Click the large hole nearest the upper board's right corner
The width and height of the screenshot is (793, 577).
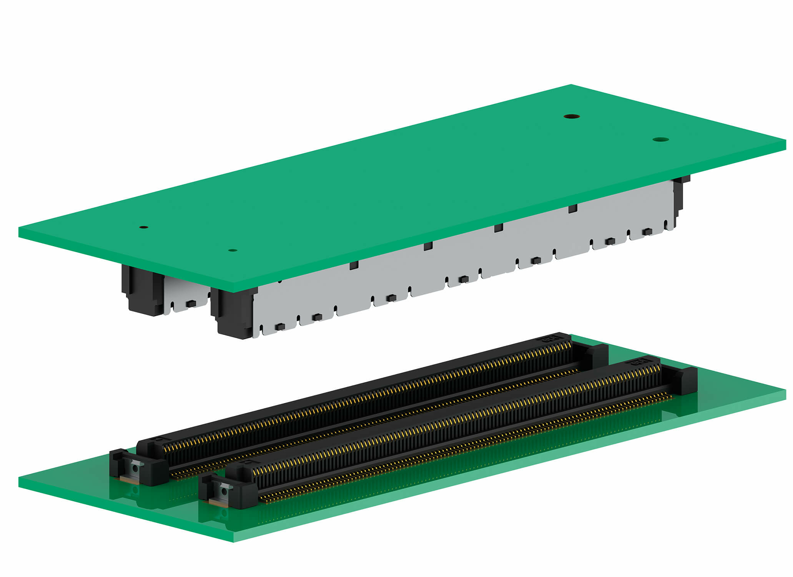[x=660, y=140]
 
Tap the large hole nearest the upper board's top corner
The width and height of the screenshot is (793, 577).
[x=572, y=116]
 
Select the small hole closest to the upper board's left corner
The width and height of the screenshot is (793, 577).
[x=143, y=227]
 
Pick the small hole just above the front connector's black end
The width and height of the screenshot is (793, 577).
[x=232, y=250]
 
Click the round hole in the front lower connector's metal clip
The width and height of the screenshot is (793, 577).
[x=224, y=491]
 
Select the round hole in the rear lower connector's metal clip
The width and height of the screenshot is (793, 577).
[x=135, y=468]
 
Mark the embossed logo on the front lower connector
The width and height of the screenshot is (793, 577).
[x=638, y=362]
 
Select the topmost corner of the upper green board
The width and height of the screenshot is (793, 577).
[x=571, y=85]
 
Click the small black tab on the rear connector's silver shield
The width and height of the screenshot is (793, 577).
[x=191, y=304]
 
